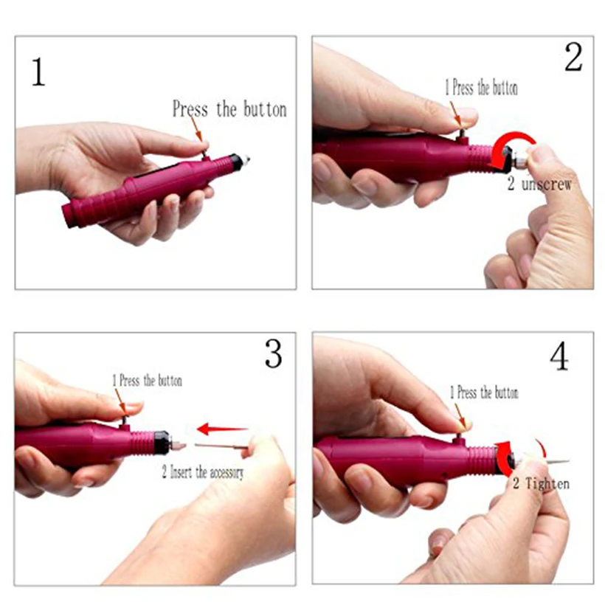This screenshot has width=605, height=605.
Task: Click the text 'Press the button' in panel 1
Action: [229, 109]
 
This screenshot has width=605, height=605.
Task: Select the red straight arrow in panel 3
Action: [222, 428]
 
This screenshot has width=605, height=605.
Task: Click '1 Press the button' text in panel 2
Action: [480, 89]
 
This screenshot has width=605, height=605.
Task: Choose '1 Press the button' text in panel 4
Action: [484, 393]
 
